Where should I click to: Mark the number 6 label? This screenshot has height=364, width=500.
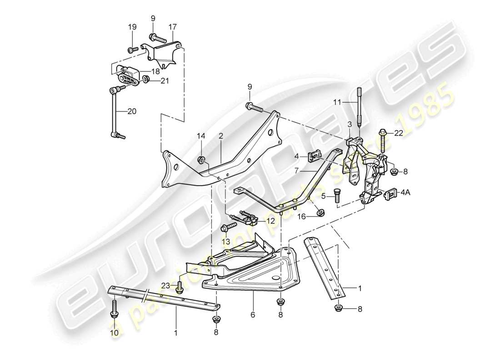253,314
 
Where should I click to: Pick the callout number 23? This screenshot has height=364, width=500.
165,286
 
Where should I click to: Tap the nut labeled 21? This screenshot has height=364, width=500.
146,81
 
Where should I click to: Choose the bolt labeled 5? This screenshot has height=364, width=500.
337,197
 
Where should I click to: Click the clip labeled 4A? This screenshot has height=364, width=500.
390,194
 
